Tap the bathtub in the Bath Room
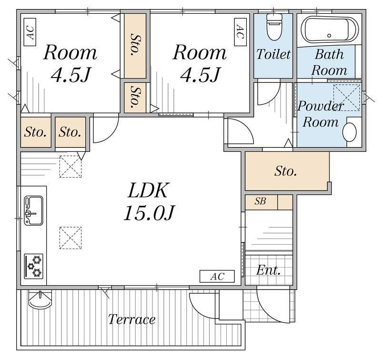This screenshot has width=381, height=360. [x=330, y=30]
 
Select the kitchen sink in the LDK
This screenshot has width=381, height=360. [x=33, y=210]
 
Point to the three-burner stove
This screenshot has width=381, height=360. [x=33, y=266]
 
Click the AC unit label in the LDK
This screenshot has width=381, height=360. [x=217, y=276]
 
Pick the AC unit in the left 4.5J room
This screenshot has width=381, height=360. [x=30, y=32]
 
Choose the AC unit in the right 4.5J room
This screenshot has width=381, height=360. [x=240, y=32]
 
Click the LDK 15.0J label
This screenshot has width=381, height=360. [x=149, y=201]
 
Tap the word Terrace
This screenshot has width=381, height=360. [x=132, y=319]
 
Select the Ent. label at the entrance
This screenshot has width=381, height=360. [x=268, y=270]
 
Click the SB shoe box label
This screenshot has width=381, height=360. [x=260, y=201]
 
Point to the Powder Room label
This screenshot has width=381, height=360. [x=321, y=114]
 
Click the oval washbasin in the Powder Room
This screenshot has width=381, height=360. [x=350, y=132]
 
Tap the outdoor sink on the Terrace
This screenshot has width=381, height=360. [x=40, y=299]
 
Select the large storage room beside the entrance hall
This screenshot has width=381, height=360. [x=287, y=171]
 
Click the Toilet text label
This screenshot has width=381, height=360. [x=273, y=54]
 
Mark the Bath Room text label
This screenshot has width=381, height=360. [x=329, y=62]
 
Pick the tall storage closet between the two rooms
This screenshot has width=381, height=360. [x=135, y=46]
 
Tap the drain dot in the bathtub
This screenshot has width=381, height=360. [x=329, y=35]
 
